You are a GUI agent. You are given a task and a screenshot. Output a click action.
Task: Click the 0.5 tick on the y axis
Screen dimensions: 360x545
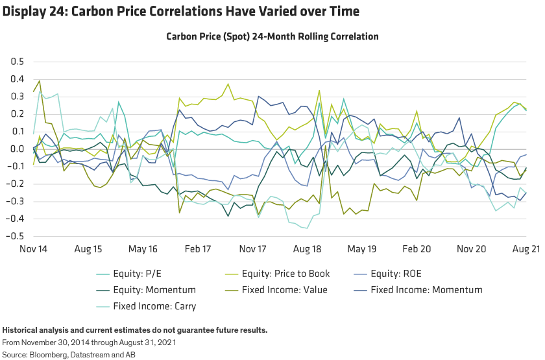[15, 62]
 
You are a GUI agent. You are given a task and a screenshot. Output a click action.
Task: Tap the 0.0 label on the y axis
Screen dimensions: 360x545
[15, 149]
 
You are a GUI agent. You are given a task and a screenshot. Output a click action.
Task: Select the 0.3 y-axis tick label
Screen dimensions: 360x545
[15, 97]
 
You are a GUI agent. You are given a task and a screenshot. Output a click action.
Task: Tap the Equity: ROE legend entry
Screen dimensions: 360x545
[396, 274]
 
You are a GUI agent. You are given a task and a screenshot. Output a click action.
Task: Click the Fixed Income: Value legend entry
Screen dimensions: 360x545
[284, 290]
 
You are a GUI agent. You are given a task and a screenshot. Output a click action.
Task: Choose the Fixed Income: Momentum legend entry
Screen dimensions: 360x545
[426, 290]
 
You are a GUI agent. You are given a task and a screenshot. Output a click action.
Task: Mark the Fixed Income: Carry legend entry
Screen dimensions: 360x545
[154, 306]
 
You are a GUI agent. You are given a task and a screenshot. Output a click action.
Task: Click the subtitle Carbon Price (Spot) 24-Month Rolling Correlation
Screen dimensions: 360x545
[272, 37]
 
